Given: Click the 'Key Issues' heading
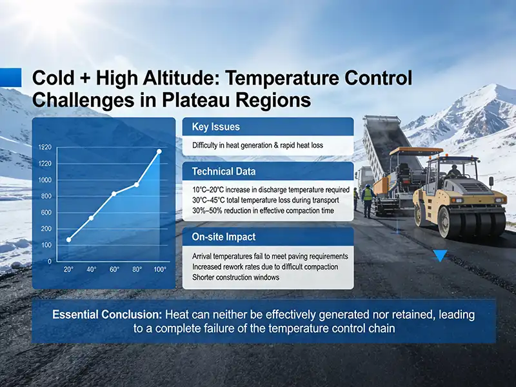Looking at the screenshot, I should (215, 126).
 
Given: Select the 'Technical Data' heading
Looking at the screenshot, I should (224, 171).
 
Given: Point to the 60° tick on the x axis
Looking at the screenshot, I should (114, 270).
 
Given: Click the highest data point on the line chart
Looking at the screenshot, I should (159, 152).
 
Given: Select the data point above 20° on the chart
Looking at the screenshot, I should (69, 240).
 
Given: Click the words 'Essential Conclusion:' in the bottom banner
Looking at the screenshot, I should (108, 315).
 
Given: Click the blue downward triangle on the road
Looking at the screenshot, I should (440, 256).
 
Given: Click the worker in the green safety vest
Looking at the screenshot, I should (368, 200).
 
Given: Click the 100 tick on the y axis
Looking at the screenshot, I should (45, 246).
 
